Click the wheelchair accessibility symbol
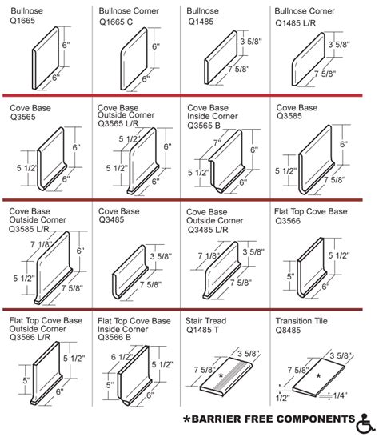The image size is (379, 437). [366, 423]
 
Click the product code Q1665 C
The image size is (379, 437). [116, 22]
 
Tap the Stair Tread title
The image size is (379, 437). [205, 320]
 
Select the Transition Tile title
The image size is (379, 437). [301, 321]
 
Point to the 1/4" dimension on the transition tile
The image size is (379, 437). [340, 395]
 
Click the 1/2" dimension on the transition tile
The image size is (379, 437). [283, 398]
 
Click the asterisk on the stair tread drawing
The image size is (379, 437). [221, 375]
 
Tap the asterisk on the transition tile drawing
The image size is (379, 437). [318, 375]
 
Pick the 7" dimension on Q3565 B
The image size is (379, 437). [217, 142]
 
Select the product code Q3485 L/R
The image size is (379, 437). [208, 230]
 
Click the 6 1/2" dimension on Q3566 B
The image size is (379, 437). [122, 357]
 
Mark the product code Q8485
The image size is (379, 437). [288, 330]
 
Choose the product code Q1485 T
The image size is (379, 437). [203, 330]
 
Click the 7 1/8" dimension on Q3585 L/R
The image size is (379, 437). [42, 244]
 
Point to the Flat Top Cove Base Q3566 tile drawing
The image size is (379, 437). [311, 267]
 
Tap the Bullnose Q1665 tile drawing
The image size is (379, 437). [46, 58]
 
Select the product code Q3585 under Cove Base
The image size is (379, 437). [289, 116]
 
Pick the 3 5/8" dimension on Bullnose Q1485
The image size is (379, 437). [251, 42]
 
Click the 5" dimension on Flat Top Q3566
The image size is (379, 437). [290, 276]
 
